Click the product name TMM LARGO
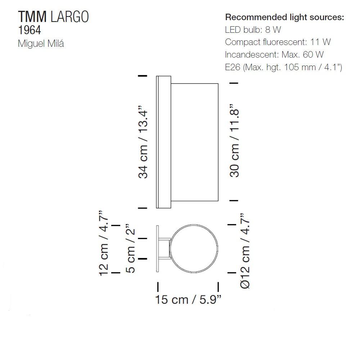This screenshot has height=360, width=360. coord(53,17)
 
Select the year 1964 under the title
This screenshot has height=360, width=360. coord(29,30)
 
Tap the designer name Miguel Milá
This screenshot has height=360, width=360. coord(41,44)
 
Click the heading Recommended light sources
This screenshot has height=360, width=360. coord(284,17)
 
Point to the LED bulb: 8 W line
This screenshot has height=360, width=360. coord(253,30)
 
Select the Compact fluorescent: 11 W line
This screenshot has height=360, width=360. coord(278,42)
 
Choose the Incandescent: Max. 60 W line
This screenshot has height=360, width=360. coord(274,54)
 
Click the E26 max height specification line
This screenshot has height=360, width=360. coord(283,67)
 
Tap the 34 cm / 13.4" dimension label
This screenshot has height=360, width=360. coord(144,142)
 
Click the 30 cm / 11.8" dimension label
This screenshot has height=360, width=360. coord(235,141)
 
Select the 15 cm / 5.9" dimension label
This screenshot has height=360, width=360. coord(188,300)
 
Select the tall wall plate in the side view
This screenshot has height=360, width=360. coord(158,142)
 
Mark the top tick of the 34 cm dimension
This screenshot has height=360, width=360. coord(143,76)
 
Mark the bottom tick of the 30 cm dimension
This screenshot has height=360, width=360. coord(234,201)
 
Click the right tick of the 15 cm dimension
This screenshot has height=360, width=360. coord(219,287)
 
